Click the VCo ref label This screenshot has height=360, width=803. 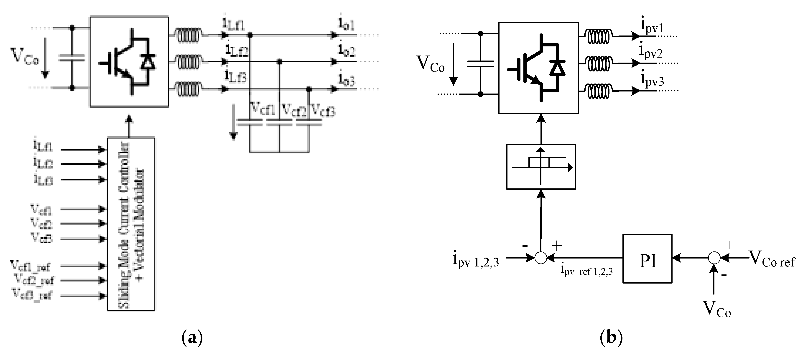[772, 259]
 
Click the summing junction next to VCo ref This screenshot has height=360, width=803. [714, 258]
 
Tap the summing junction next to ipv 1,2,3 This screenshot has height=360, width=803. [541, 258]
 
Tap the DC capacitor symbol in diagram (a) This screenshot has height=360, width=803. [72, 58]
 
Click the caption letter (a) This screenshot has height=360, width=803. [192, 337]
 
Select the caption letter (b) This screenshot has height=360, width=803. [611, 337]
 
